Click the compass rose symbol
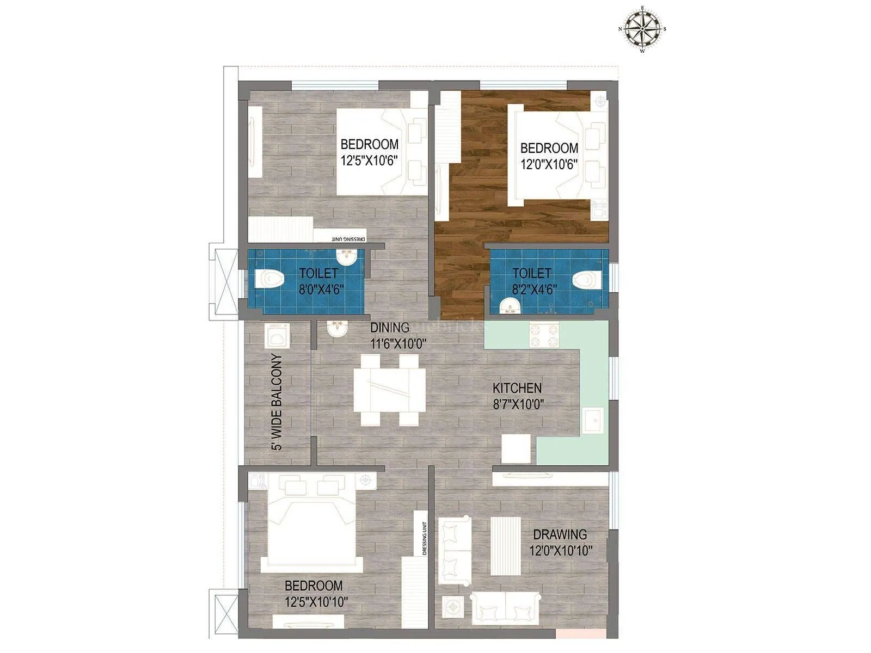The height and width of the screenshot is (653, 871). [642, 29]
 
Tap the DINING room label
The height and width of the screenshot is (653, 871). [390, 328]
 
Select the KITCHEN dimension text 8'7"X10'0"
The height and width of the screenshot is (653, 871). [518, 404]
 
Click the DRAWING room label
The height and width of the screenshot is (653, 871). [560, 534]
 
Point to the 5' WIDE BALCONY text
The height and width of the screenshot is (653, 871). [278, 403]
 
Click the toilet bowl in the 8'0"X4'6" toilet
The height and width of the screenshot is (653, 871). [270, 279]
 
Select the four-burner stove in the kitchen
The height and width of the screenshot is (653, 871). [544, 335]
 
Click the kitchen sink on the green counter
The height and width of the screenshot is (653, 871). [592, 421]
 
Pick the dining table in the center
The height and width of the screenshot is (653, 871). [389, 390]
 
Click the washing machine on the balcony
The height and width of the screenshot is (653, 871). [277, 336]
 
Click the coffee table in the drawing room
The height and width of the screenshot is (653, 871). [506, 546]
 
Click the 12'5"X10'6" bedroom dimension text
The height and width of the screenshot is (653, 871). [369, 161]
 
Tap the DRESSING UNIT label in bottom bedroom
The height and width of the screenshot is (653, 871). [425, 538]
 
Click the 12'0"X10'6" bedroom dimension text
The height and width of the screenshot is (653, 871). [549, 164]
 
